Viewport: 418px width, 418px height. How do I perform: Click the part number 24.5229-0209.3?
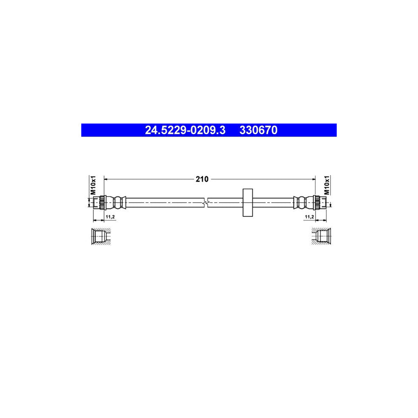185,131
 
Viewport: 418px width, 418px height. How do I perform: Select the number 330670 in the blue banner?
258,131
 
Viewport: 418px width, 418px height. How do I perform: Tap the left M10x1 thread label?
93,185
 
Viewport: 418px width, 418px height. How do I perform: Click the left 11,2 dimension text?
110,217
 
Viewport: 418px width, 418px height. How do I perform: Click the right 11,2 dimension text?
309,217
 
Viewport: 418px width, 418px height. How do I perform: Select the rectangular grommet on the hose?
247,202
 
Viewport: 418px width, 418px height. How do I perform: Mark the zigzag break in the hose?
206,202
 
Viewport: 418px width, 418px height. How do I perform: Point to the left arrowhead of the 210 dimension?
105,178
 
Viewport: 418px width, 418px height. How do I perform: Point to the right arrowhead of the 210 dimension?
313,178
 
